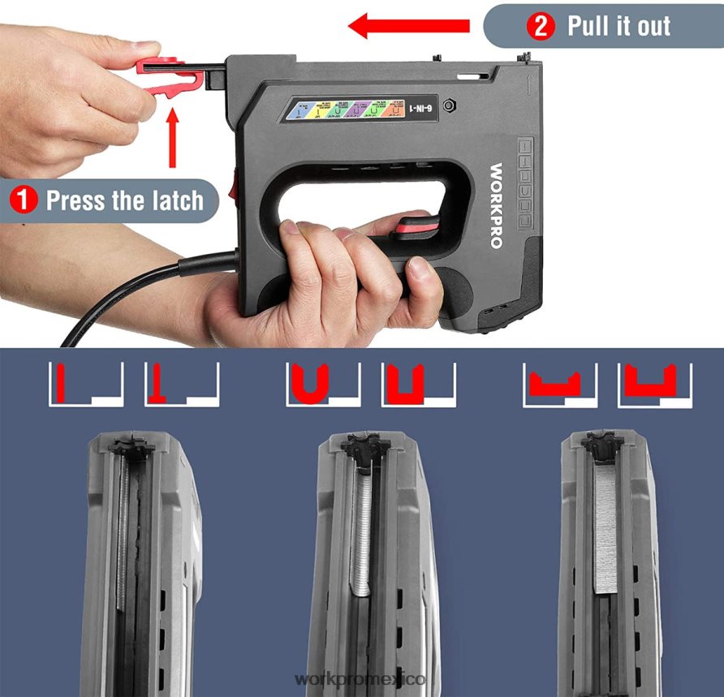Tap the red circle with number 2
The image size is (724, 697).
tap(542, 27)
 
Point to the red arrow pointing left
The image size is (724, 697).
tap(409, 26)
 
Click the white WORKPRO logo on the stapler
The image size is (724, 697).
tap(497, 206)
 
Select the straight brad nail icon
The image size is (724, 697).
tap(61, 384)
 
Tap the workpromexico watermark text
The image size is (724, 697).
tap(362, 678)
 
